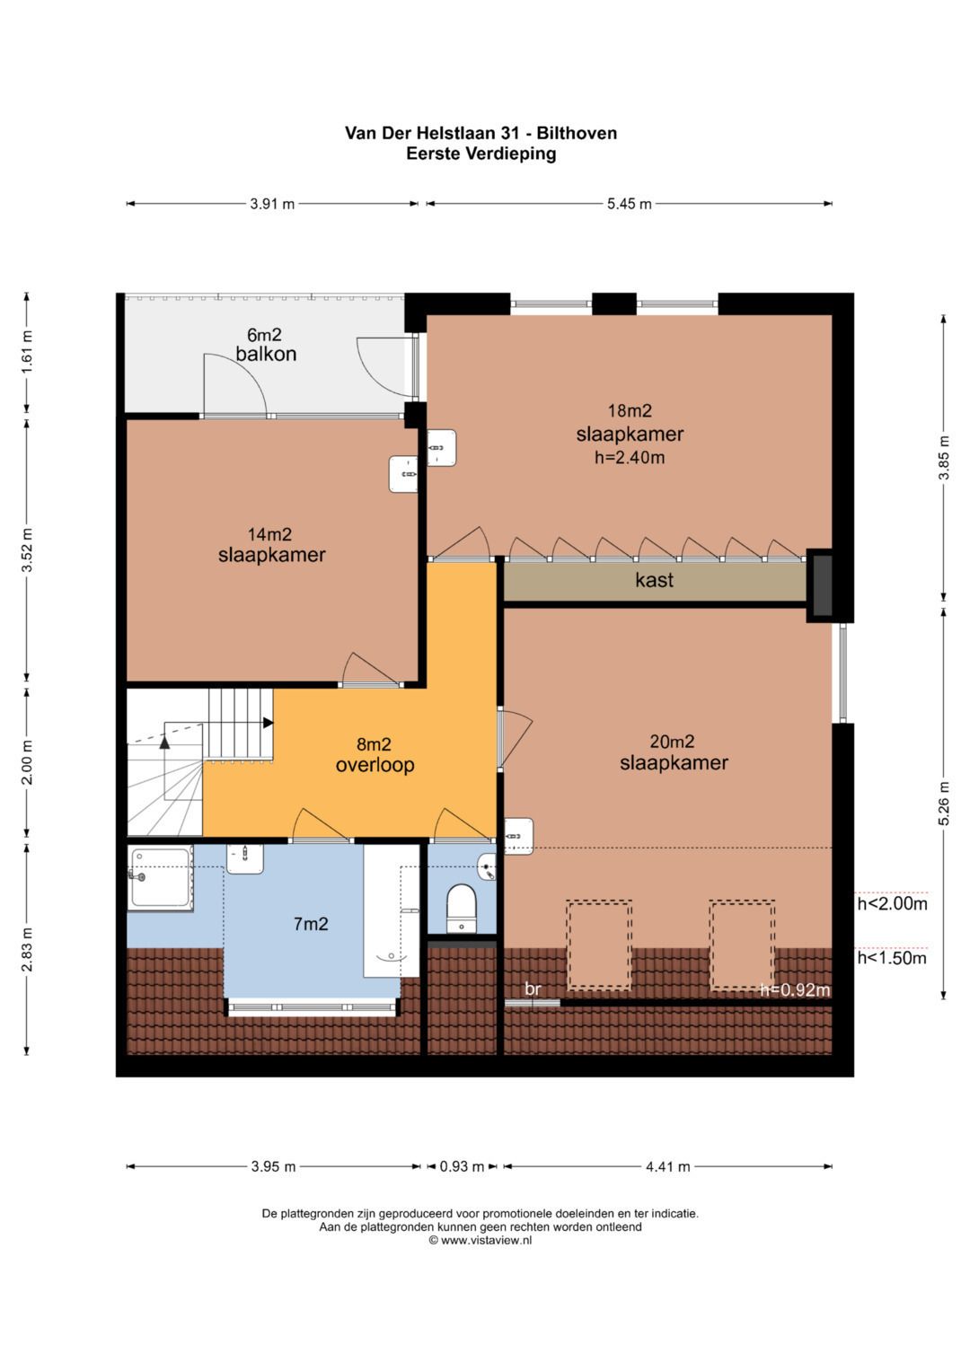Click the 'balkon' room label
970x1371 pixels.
(266, 355)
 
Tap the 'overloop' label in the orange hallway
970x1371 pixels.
(375, 765)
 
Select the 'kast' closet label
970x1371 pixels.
(654, 580)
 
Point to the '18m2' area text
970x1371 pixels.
(629, 410)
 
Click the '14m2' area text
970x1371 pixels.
(269, 534)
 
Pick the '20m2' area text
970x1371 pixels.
(672, 742)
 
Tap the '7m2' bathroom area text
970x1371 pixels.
(311, 924)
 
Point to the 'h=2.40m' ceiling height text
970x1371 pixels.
(630, 457)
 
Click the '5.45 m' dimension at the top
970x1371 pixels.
(629, 204)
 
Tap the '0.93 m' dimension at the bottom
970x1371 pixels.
(462, 1166)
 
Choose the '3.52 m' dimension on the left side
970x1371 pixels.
(28, 549)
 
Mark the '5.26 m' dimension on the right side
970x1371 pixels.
(944, 803)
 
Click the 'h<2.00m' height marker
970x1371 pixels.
(892, 903)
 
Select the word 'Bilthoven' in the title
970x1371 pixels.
(577, 133)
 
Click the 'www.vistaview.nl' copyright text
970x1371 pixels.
(481, 1240)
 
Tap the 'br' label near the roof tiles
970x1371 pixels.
(533, 989)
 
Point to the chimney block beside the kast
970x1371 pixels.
(822, 585)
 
